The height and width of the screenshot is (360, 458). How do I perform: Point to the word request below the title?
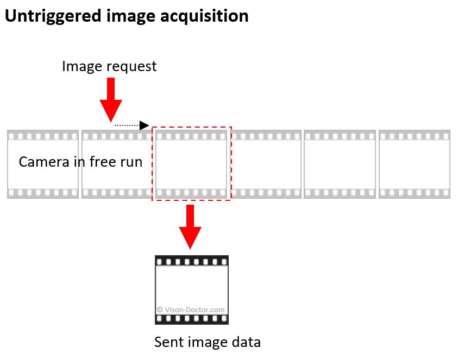click(131, 67)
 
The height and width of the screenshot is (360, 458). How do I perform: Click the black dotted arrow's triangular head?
click(145, 125)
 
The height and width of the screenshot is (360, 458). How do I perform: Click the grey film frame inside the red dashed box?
click(191, 164)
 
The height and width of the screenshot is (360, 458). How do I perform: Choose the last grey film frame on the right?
click(414, 164)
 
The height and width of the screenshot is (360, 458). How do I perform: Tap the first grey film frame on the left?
click(42, 179)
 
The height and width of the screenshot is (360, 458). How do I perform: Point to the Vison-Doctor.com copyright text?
click(191, 310)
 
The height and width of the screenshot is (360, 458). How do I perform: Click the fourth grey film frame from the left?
click(265, 164)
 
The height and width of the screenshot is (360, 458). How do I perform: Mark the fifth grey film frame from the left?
click(340, 164)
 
